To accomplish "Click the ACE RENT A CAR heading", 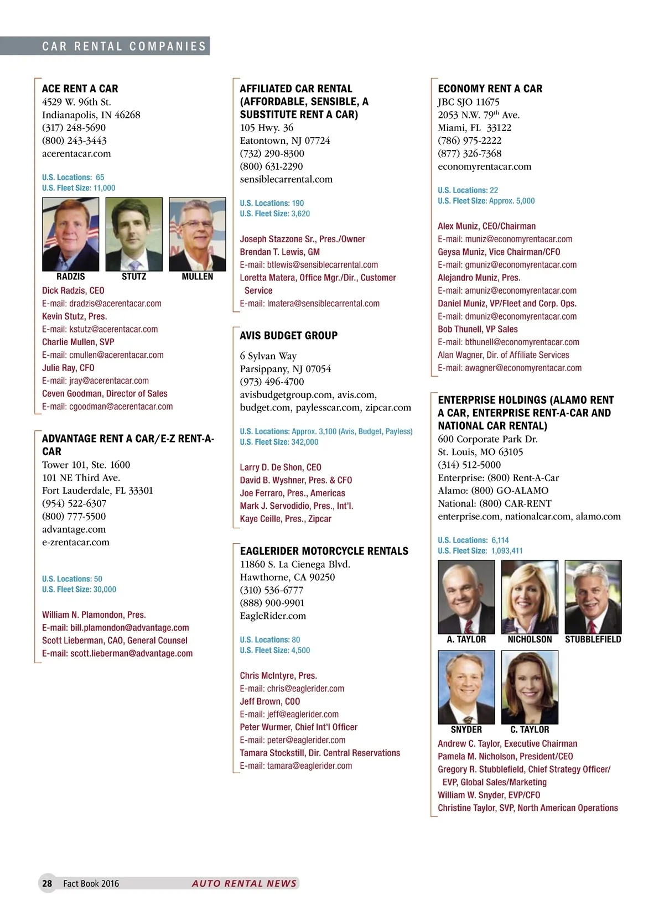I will click(x=80, y=88).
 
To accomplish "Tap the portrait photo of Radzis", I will click(x=70, y=234).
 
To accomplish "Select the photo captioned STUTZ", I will click(x=134, y=234).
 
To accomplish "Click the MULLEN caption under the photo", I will click(x=198, y=277).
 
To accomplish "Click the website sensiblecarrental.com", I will click(x=286, y=179).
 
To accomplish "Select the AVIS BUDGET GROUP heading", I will click(x=288, y=335).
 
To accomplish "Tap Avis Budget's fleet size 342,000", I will click(x=305, y=442).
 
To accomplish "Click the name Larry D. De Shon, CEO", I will click(x=281, y=467).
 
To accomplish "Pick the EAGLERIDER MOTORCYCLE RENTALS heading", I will click(x=324, y=551).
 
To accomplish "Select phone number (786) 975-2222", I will click(x=469, y=140).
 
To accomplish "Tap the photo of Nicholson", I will click(x=530, y=597).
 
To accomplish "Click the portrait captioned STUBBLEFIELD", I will click(x=593, y=597).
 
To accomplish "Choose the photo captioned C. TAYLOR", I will click(x=530, y=687).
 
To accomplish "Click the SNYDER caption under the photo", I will click(x=466, y=730).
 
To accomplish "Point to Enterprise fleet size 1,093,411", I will click(x=507, y=551).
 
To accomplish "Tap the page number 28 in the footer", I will click(x=47, y=883).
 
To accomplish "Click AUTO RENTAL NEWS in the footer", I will click(x=244, y=883).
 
